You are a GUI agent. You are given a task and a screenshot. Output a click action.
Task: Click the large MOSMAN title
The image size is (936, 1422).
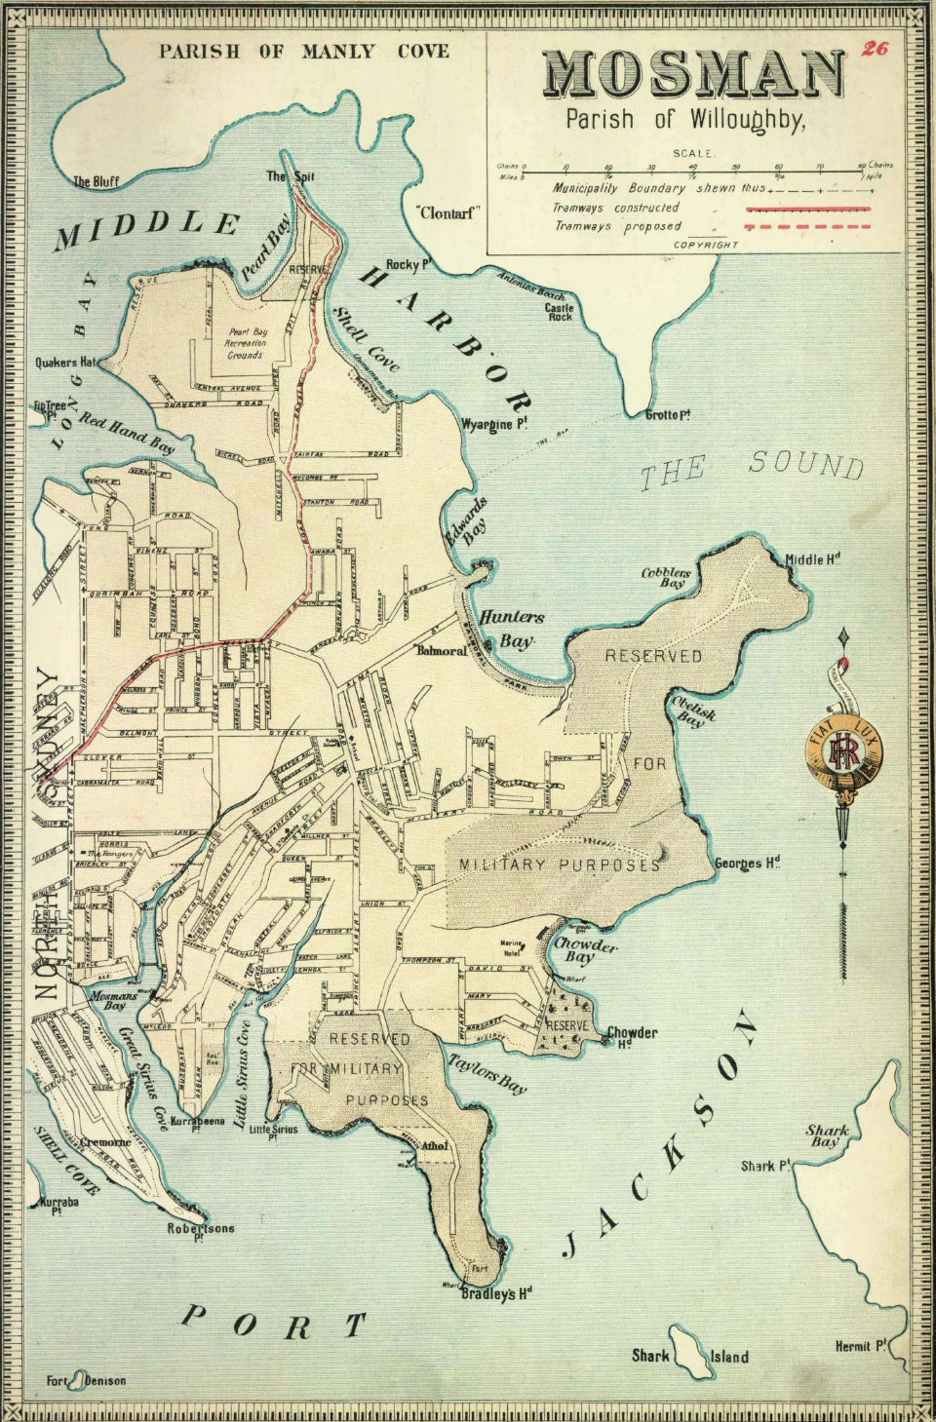(693, 75)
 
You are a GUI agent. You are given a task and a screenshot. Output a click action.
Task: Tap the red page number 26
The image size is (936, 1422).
(875, 48)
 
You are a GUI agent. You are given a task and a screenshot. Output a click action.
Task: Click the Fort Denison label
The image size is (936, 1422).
(86, 1380)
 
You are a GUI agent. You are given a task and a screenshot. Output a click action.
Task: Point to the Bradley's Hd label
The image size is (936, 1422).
(496, 1293)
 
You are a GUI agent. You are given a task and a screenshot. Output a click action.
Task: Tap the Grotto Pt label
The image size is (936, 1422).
(668, 414)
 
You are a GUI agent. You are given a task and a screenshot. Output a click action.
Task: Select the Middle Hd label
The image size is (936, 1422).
(812, 558)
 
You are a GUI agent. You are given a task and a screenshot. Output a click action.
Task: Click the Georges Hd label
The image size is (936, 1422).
(747, 863)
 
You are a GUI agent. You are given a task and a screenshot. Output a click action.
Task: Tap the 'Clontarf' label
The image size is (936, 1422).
(448, 212)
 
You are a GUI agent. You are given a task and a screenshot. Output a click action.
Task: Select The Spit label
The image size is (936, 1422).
(291, 176)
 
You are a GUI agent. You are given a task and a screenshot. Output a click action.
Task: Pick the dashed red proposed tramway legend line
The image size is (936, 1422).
(806, 226)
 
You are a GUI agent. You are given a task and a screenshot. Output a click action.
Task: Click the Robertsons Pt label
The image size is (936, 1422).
(201, 1230)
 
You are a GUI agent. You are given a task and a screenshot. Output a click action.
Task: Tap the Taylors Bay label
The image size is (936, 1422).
(487, 1073)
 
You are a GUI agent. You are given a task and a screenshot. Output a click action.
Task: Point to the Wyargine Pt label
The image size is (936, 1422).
(494, 424)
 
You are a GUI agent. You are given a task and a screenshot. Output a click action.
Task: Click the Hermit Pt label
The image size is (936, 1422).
(860, 1346)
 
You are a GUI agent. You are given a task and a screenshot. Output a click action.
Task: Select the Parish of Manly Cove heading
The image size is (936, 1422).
(304, 51)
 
